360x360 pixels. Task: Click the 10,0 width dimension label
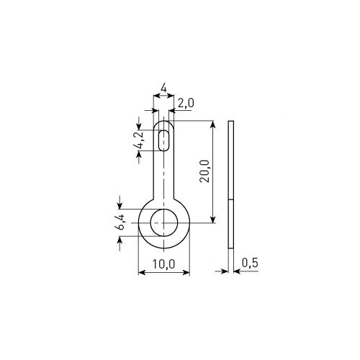pyautogui.click(x=163, y=264)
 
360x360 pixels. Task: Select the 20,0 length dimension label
pyautogui.click(x=204, y=171)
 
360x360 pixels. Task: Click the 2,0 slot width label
pyautogui.click(x=186, y=103)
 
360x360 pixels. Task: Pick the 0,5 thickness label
pyautogui.click(x=250, y=263)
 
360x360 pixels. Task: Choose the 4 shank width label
pyautogui.click(x=163, y=89)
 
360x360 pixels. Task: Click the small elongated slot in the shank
pyautogui.click(x=164, y=140)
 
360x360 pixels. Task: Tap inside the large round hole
pyautogui.click(x=164, y=222)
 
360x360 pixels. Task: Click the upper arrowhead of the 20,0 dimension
pyautogui.click(x=212, y=125)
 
